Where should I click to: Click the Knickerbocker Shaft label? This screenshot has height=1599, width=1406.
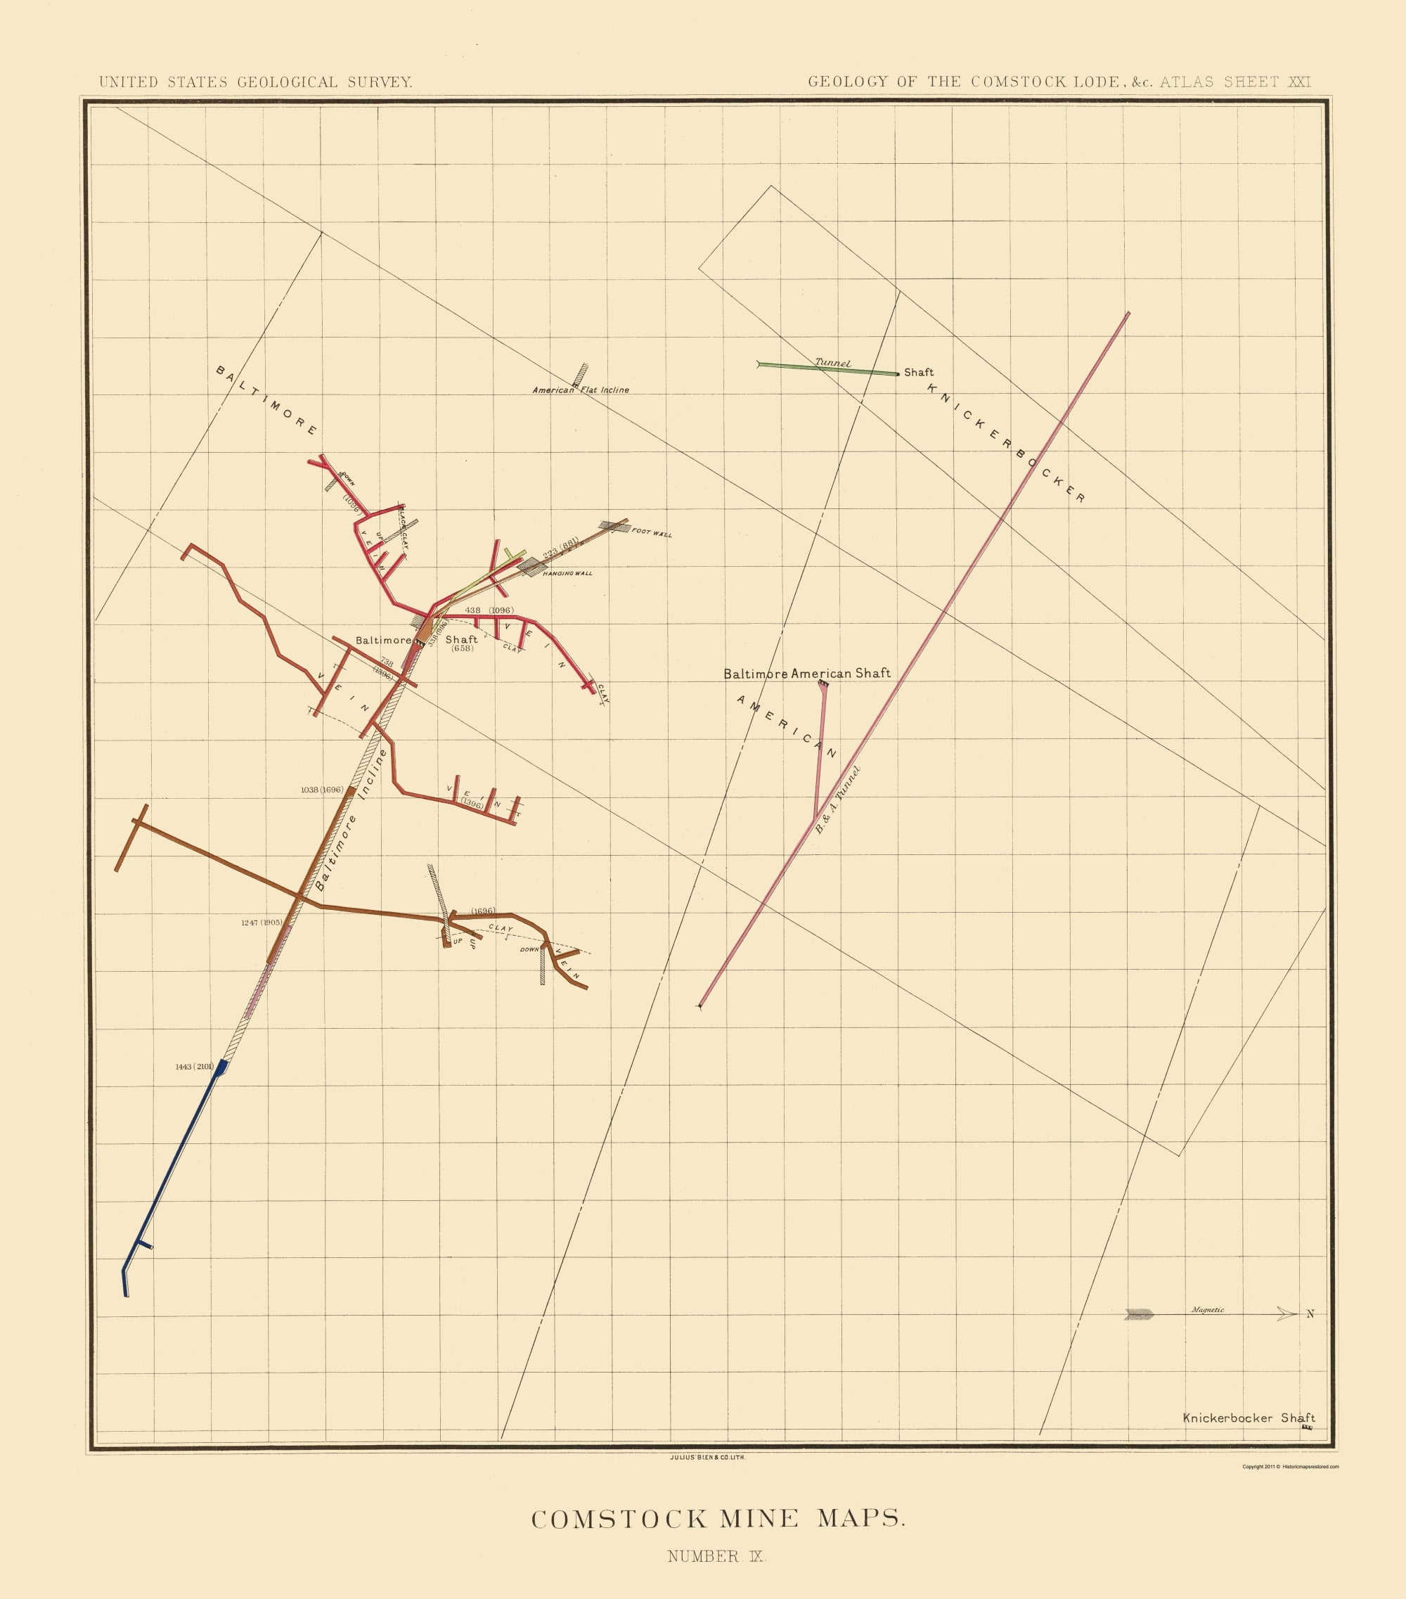click(x=1248, y=1418)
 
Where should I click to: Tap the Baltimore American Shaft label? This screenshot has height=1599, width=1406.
click(x=806, y=674)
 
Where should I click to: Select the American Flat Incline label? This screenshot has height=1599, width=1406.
click(x=580, y=390)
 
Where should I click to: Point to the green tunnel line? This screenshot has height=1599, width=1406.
click(x=829, y=369)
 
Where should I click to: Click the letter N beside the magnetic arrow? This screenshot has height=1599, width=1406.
click(x=1310, y=1314)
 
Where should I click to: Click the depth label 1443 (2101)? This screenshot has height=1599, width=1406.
click(x=194, y=1066)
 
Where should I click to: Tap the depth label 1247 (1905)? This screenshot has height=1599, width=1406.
click(x=262, y=923)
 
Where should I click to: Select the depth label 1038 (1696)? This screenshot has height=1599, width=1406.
click(x=321, y=790)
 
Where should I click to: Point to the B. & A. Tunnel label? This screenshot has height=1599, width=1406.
click(x=837, y=799)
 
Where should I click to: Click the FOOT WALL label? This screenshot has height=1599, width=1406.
click(x=652, y=533)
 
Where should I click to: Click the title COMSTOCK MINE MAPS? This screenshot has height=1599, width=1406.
click(x=718, y=1520)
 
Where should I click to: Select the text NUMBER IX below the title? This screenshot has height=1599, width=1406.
click(x=716, y=1556)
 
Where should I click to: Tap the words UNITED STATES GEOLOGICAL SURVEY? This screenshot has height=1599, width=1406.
click(x=256, y=82)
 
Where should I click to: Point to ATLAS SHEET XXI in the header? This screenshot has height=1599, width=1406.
click(x=1234, y=82)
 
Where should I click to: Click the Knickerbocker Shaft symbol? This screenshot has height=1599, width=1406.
click(x=1306, y=1427)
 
